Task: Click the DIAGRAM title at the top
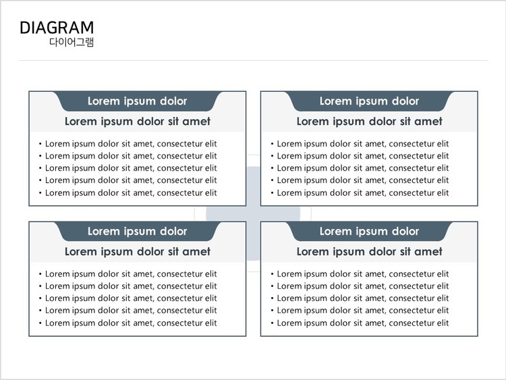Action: tap(57, 28)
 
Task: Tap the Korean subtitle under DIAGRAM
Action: tap(72, 43)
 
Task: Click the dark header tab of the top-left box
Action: tap(138, 101)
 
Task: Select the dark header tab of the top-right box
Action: tap(369, 101)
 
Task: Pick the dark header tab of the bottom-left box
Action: tap(138, 232)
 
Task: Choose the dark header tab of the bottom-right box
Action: tap(369, 232)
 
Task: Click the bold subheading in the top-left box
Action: tap(138, 121)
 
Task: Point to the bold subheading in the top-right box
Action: tap(369, 121)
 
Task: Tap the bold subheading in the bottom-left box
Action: tap(138, 252)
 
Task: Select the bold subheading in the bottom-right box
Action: tap(369, 252)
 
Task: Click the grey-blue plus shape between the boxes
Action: tap(253, 214)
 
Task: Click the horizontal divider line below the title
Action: tap(253, 61)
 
